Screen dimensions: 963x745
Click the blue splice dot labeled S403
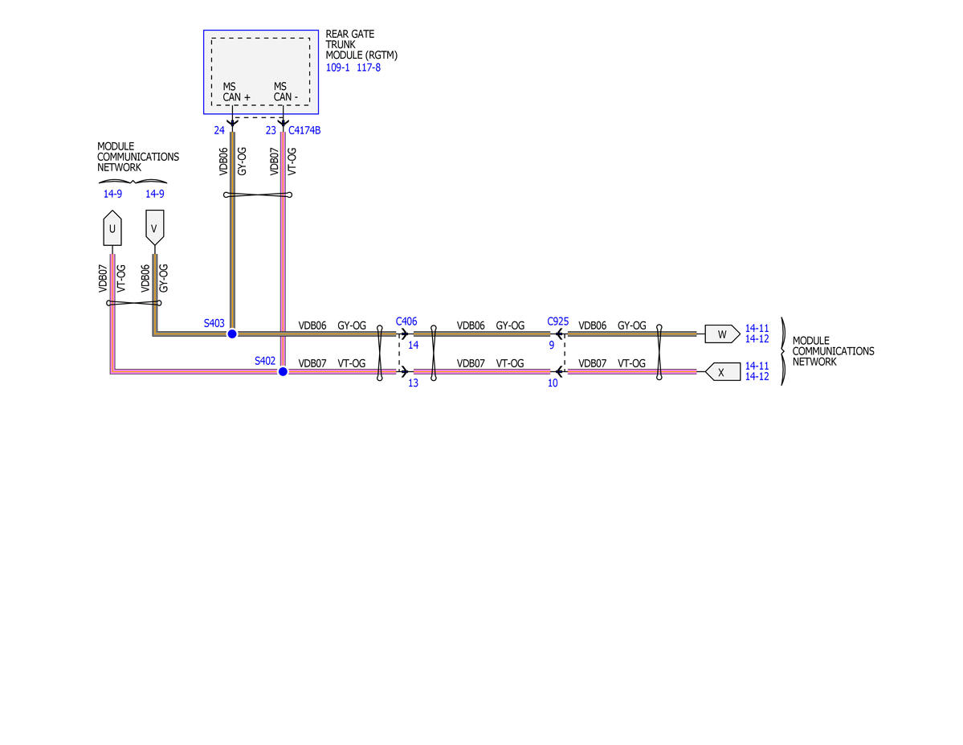coord(232,334)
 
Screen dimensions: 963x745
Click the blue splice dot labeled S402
coord(284,371)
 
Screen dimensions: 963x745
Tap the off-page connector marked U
coord(112,228)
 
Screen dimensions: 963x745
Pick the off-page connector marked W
coord(722,334)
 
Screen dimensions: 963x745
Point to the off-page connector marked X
coord(722,372)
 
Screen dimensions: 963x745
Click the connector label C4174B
coord(304,130)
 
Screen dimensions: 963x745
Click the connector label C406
coord(406,321)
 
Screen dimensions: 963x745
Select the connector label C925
coord(558,321)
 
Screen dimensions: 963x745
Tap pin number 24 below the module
coord(219,130)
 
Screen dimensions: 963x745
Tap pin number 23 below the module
coord(271,130)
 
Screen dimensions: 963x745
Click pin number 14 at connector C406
coord(414,346)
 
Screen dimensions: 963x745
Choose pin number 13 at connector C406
coord(414,383)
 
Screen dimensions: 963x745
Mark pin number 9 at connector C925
coord(552,346)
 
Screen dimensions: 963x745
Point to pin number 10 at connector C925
coord(553,383)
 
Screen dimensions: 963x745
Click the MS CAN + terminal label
coord(236,92)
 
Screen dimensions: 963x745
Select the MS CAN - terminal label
coord(286,92)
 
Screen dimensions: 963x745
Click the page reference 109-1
coord(338,68)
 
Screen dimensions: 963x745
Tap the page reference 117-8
coord(369,68)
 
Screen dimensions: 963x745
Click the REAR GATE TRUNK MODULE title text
coord(361,44)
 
